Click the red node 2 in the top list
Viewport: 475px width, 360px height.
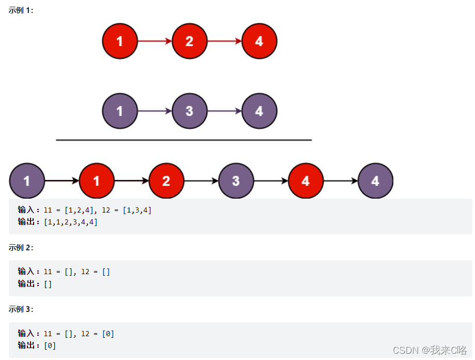click(x=189, y=41)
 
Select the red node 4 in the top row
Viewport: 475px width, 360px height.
click(x=259, y=41)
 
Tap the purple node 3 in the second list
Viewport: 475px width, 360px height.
click(x=189, y=111)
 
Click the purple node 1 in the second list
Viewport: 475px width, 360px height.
click(x=120, y=111)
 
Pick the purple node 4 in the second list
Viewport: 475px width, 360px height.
click(x=259, y=111)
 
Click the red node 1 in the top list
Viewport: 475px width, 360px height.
click(x=120, y=41)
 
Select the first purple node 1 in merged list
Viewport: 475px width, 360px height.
click(x=27, y=181)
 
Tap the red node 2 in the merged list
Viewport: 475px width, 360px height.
click(x=166, y=181)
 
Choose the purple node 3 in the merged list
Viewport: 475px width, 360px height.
click(x=236, y=181)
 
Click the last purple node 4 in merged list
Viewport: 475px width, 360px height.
click(x=375, y=181)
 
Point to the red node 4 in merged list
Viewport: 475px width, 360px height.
click(x=305, y=181)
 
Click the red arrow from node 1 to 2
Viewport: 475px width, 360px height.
click(x=155, y=41)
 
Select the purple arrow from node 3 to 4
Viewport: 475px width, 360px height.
click(x=224, y=111)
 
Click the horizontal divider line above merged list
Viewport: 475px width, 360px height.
click(x=183, y=140)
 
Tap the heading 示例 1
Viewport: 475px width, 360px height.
click(x=21, y=10)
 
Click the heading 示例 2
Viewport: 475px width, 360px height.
click(x=21, y=248)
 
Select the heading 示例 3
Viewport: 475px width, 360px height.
click(x=21, y=309)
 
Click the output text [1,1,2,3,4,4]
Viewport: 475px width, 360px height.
click(x=71, y=222)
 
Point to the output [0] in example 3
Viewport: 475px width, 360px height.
click(x=50, y=346)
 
